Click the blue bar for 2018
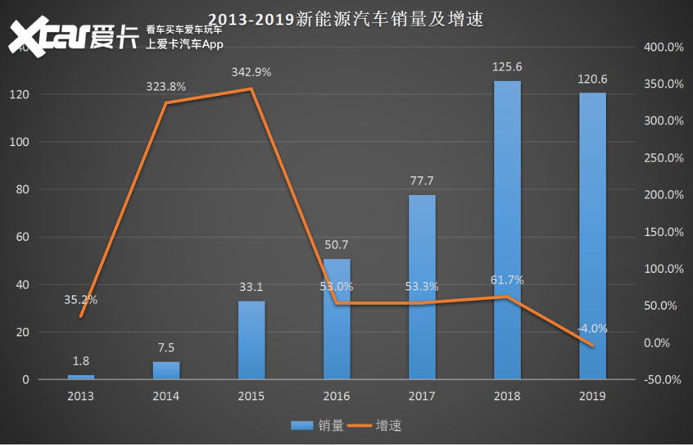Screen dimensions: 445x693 pyautogui.click(x=507, y=230)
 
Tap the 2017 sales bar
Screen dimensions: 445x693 pyautogui.click(x=422, y=287)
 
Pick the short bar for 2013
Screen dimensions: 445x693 pyautogui.click(x=81, y=377)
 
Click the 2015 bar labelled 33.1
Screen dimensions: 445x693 pyautogui.click(x=251, y=340)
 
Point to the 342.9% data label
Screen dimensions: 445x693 pyautogui.click(x=251, y=72)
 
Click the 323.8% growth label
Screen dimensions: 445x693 pyautogui.click(x=166, y=86)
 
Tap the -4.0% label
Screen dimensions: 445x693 pyautogui.click(x=591, y=329)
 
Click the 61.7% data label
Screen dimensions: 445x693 pyautogui.click(x=507, y=280)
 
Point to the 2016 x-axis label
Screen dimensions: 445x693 pyautogui.click(x=337, y=397)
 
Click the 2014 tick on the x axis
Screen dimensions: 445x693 pyautogui.click(x=166, y=397)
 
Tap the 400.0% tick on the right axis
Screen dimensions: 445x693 pyautogui.click(x=664, y=48)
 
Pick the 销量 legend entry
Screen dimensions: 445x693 pyautogui.click(x=315, y=425)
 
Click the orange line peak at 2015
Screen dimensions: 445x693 pyautogui.click(x=251, y=89)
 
